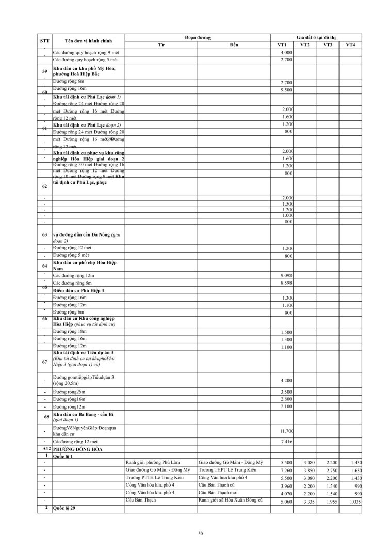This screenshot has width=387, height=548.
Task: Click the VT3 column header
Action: click(x=327, y=45)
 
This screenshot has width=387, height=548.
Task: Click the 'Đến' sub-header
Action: click(x=234, y=45)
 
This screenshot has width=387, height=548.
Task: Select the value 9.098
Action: click(x=285, y=275)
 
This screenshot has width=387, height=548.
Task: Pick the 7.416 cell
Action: click(x=285, y=442)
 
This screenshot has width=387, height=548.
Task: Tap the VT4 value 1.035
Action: click(x=353, y=501)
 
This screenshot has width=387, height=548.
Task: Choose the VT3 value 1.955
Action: click(x=330, y=501)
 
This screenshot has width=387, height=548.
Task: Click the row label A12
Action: click(x=45, y=450)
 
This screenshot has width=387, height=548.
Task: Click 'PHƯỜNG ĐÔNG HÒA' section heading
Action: click(x=77, y=450)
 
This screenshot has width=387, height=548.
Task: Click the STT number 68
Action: click(x=45, y=417)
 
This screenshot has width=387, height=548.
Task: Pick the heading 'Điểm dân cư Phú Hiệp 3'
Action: click(x=78, y=291)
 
